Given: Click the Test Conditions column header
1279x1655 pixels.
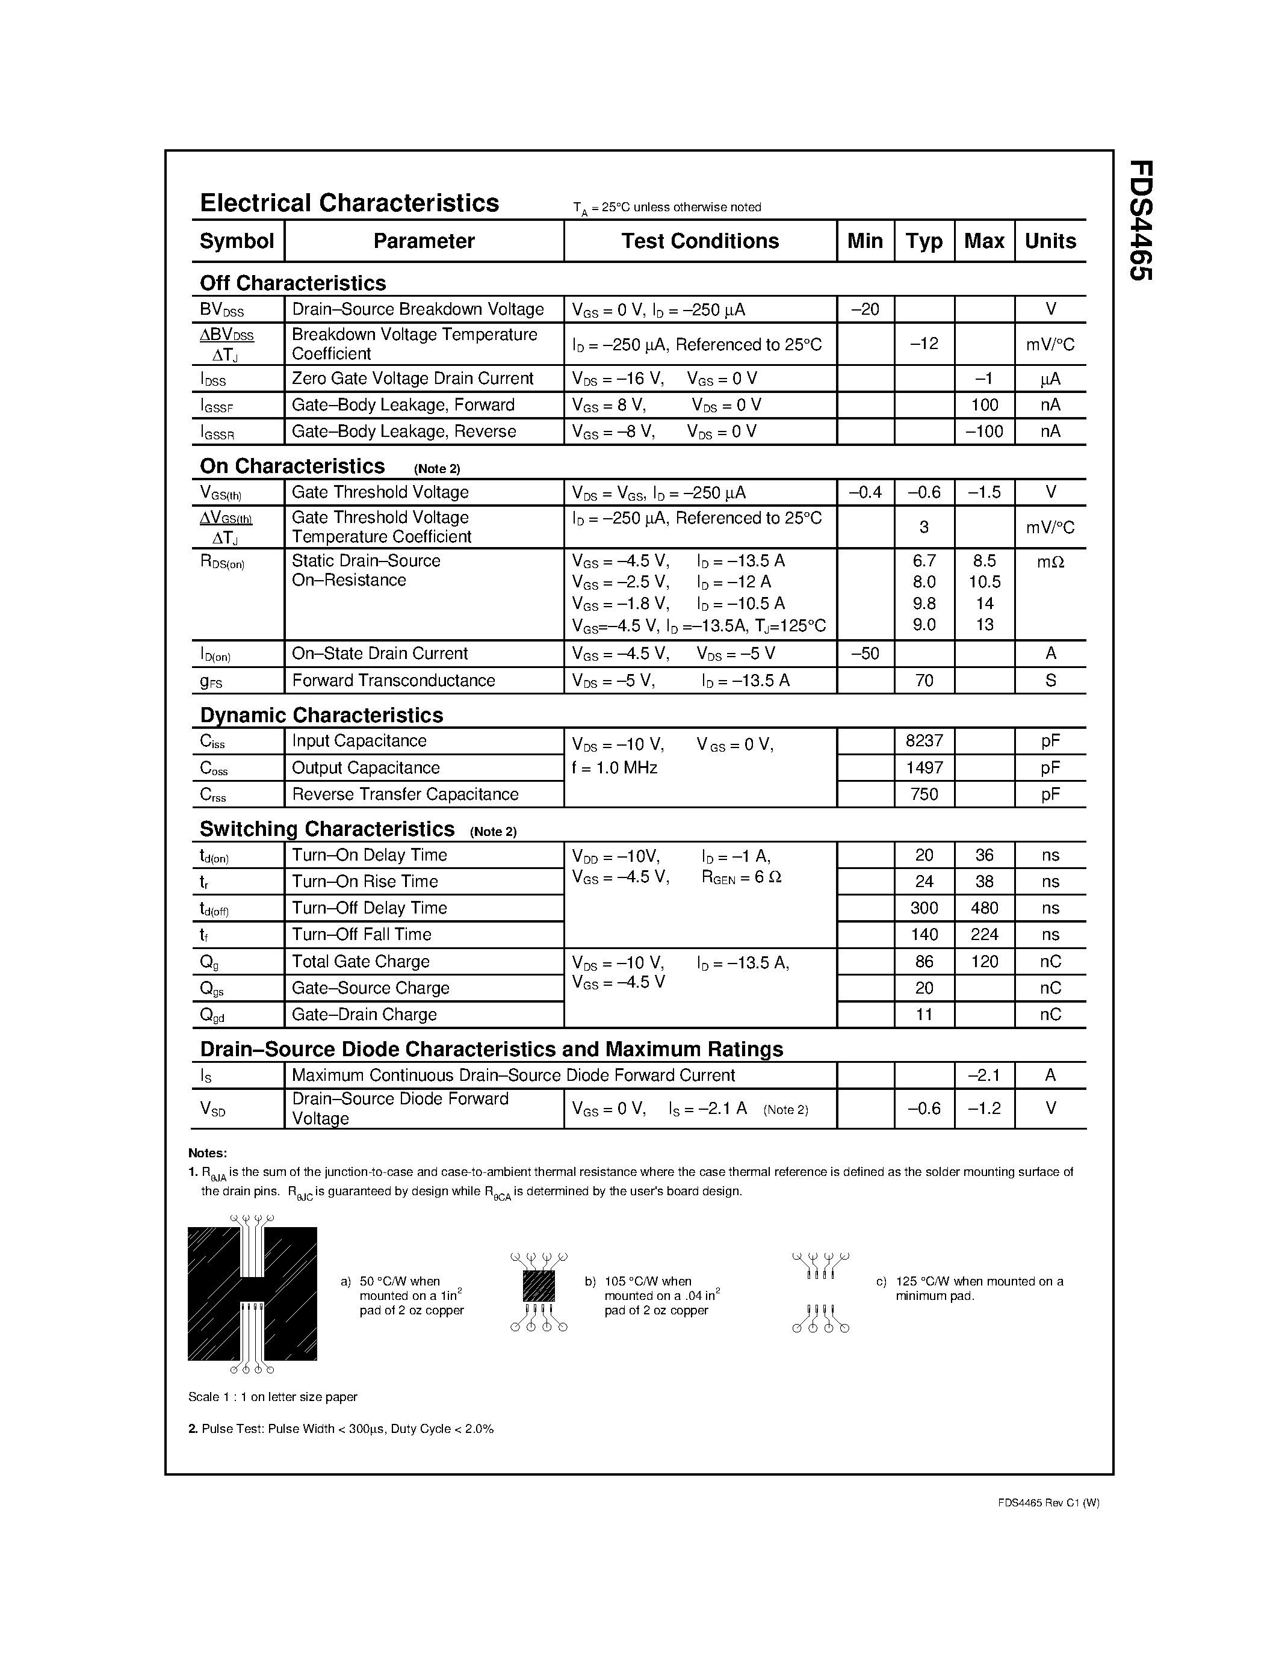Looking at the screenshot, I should click(699, 241).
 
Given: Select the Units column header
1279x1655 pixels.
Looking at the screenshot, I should click(1050, 241).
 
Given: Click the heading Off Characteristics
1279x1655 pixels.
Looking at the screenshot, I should click(293, 283).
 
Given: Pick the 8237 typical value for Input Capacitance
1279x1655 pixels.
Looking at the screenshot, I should click(924, 740).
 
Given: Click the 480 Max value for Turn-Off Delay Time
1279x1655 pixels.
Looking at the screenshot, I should click(983, 908).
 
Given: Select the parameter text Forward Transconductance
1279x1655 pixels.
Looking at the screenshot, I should click(393, 681).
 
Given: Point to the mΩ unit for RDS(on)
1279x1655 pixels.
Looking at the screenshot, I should click(1050, 561).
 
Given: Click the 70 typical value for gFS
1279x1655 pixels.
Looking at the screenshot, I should click(924, 681).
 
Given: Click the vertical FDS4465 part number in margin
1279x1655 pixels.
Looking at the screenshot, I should click(1141, 220).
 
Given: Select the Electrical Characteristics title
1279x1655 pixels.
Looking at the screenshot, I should click(349, 203).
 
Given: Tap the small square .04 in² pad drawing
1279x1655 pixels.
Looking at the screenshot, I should click(539, 1287).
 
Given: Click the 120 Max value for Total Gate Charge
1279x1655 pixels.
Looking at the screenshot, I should click(983, 962).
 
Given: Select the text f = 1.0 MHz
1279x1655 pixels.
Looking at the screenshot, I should click(615, 768).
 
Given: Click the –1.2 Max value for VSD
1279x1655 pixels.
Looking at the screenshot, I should click(983, 1109).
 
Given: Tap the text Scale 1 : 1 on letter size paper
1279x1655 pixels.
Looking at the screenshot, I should click(272, 1397).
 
